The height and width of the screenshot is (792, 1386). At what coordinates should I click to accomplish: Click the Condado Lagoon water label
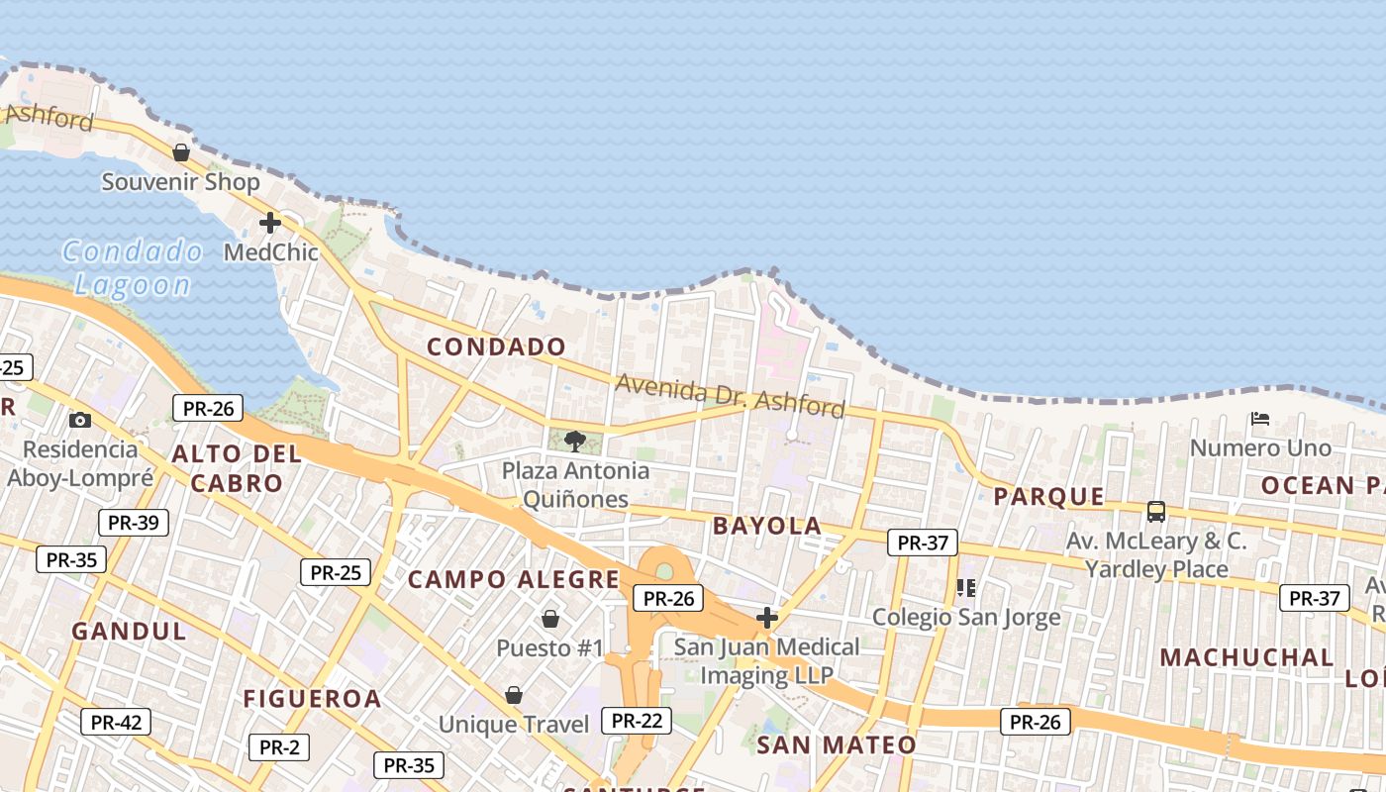[x=132, y=268]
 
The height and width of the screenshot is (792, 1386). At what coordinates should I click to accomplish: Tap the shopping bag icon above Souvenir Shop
[x=181, y=152]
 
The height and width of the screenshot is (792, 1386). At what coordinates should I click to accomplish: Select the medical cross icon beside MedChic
[x=269, y=223]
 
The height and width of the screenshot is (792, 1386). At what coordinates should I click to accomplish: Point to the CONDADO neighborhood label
[x=496, y=346]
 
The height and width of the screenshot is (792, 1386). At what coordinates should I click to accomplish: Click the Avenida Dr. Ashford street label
[x=731, y=395]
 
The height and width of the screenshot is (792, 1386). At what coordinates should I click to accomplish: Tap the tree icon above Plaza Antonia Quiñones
[x=574, y=441]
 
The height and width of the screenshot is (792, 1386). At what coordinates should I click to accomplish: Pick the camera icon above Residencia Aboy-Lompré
[x=80, y=420]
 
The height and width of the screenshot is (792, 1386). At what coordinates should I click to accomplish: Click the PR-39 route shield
[x=134, y=523]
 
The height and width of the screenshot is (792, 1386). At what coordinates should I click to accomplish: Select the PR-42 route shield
[x=116, y=722]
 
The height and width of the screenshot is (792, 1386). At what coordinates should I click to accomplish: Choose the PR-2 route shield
[x=279, y=746]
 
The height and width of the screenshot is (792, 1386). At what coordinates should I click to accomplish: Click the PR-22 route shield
[x=637, y=720]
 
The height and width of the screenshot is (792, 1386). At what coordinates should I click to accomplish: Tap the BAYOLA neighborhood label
[x=767, y=526]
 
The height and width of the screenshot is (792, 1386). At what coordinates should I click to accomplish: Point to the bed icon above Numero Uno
[x=1260, y=419]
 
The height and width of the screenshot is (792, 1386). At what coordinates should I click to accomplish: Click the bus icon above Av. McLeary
[x=1155, y=512]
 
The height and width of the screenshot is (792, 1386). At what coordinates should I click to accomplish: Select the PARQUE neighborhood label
[x=1048, y=496]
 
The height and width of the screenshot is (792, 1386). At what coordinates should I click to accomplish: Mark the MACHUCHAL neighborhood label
[x=1246, y=657]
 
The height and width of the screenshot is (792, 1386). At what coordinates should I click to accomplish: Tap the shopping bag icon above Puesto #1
[x=549, y=619]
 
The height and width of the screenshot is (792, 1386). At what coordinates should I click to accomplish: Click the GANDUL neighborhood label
[x=129, y=631]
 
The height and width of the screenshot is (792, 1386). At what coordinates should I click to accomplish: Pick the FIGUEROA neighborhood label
[x=312, y=699]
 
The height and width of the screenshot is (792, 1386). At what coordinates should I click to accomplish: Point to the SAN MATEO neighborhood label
[x=837, y=744]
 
